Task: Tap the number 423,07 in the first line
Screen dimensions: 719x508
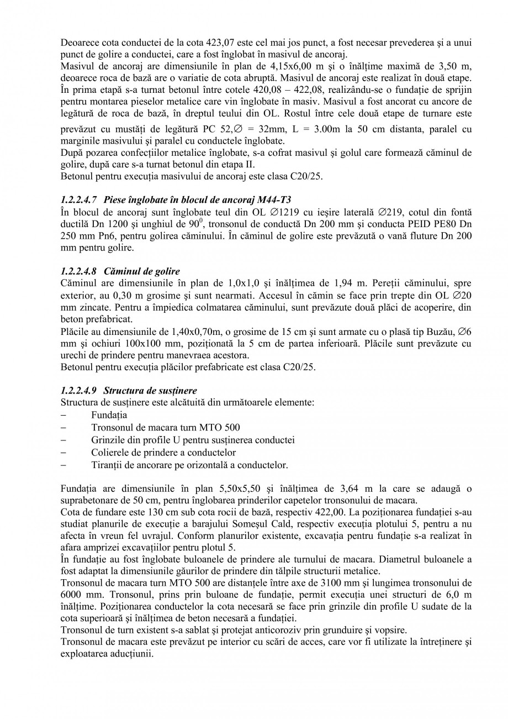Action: [220, 43]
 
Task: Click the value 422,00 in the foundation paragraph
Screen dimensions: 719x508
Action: [323, 512]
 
